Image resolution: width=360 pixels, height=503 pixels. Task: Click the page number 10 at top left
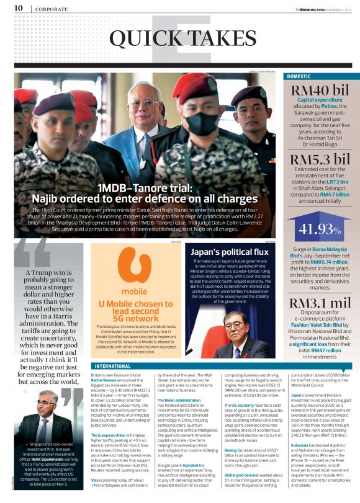coord(18,8)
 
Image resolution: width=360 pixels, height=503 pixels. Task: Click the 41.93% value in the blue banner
coord(319,228)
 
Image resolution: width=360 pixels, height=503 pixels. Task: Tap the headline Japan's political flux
coord(230,252)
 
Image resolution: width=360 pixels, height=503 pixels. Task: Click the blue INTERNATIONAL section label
coord(104,366)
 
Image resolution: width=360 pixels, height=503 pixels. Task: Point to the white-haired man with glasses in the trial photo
coord(143,115)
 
